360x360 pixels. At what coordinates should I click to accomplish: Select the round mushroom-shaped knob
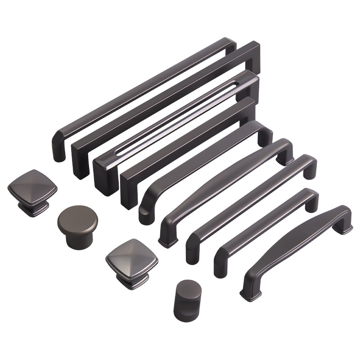point(77,225)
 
